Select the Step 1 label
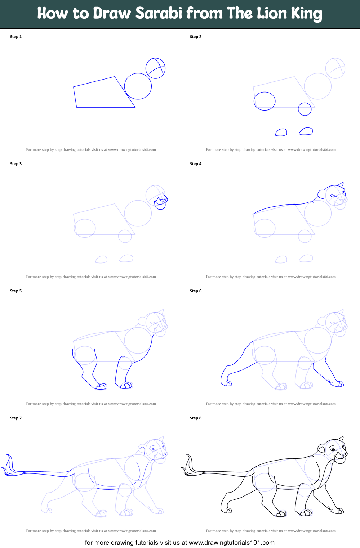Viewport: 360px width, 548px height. pos(15,37)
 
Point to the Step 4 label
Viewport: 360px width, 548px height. pos(195,164)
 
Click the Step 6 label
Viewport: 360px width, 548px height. pos(195,291)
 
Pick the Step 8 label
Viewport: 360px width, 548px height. pos(195,418)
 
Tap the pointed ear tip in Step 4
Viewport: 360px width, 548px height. pos(343,183)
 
